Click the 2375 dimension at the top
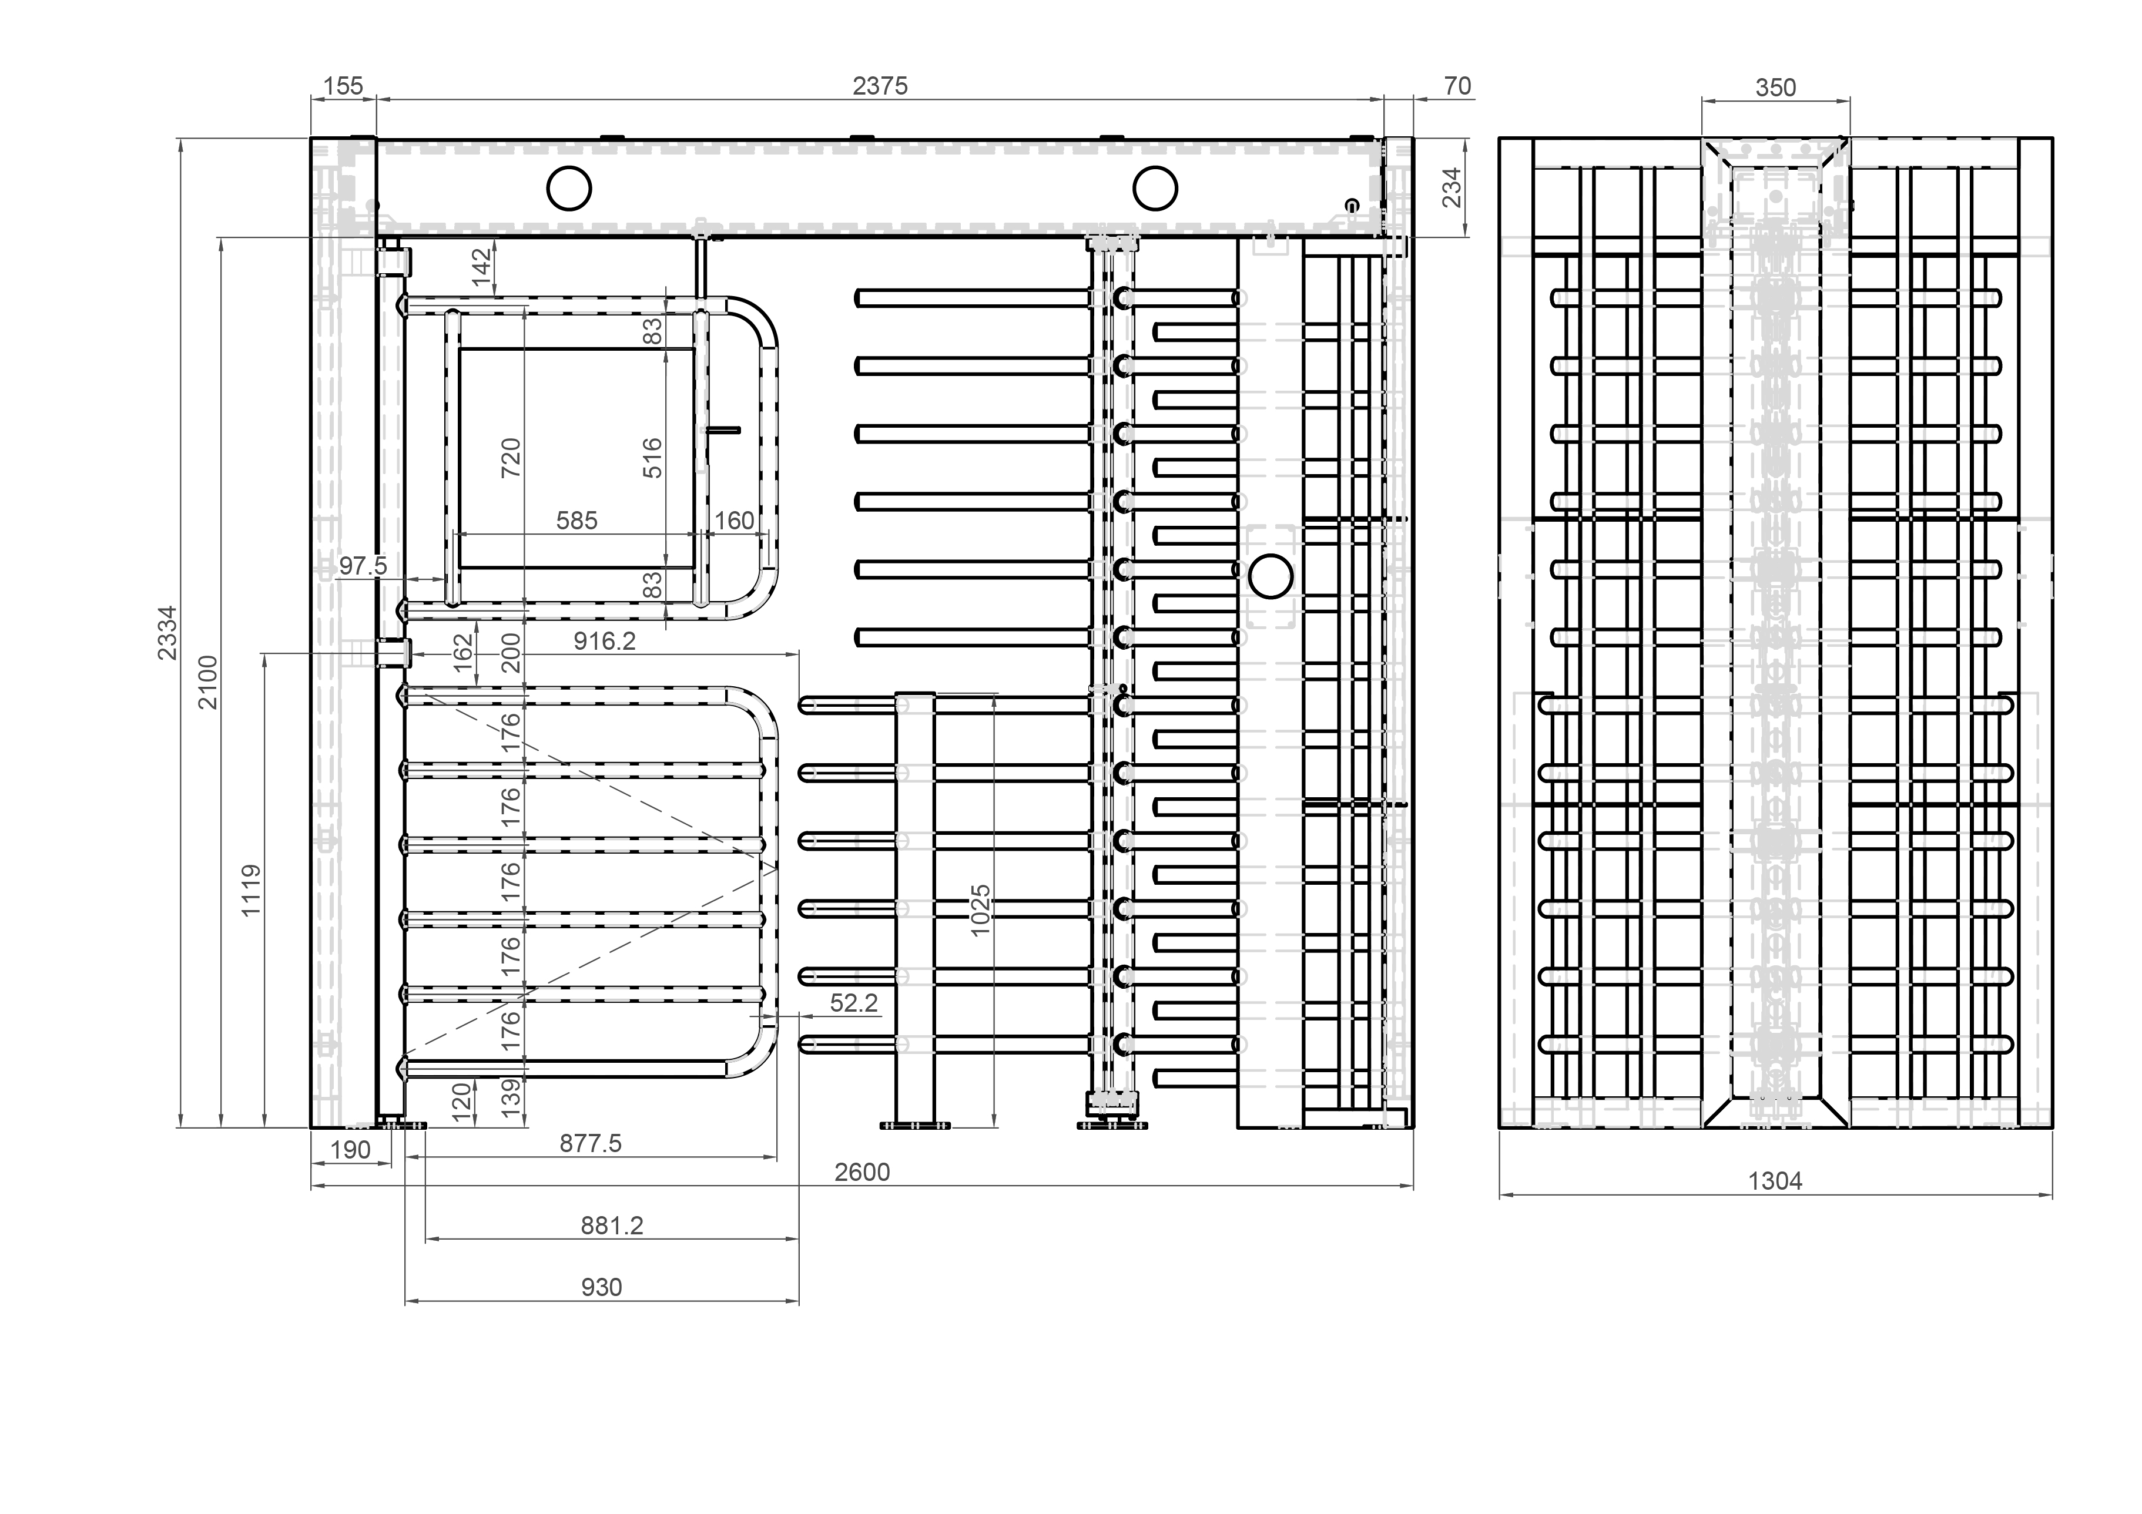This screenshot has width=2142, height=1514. pos(880,86)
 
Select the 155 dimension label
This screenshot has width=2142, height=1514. pos(343,86)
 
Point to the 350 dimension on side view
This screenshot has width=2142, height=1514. pos(1775,88)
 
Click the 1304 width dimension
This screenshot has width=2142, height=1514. pos(1775,1181)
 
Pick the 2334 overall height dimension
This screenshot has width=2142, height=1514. pos(167,633)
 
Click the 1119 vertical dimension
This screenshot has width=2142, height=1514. pos(251,890)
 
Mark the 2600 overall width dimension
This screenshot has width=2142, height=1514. pos(862,1171)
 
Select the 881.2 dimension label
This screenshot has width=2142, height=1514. pos(612,1225)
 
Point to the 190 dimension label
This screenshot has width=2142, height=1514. pos(351,1150)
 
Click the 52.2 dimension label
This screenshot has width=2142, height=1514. pos(854,1003)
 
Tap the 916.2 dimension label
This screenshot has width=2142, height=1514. pos(605,641)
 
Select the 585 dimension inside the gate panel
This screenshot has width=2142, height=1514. pos(576,521)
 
